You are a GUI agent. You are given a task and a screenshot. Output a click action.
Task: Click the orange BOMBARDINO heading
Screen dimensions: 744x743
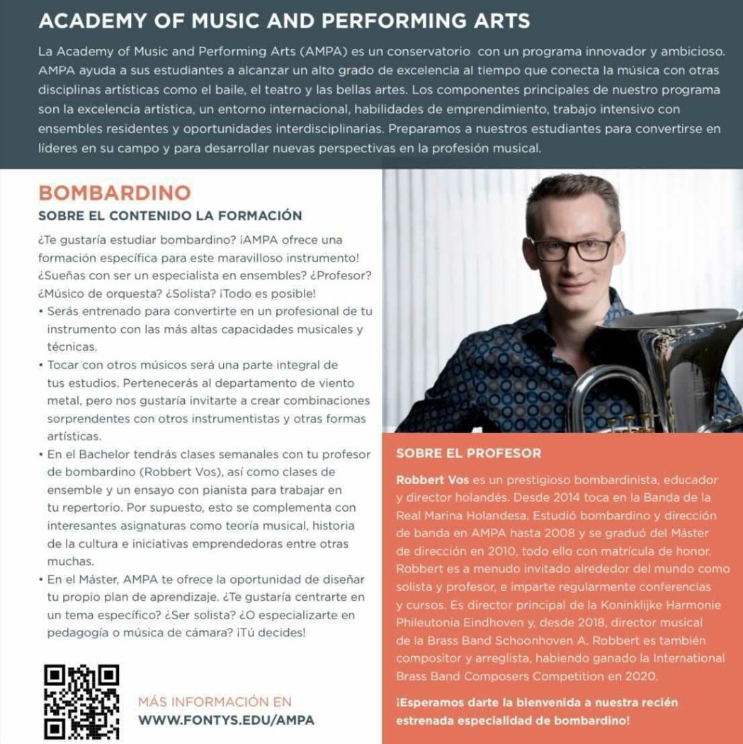pos(115,193)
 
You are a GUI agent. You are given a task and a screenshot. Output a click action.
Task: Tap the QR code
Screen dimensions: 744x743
pos(81,702)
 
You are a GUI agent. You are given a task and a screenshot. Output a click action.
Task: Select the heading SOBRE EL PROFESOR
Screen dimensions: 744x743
pos(469,453)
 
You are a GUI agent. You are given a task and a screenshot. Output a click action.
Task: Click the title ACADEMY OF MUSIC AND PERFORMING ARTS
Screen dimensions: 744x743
pos(284,21)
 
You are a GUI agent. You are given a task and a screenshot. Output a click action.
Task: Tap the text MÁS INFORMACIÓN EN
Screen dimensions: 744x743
pos(215,702)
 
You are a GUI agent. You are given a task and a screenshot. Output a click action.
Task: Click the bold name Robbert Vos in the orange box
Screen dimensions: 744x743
pos(428,480)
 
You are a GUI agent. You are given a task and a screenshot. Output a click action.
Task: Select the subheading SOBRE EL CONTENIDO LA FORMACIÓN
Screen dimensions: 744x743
pos(170,215)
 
